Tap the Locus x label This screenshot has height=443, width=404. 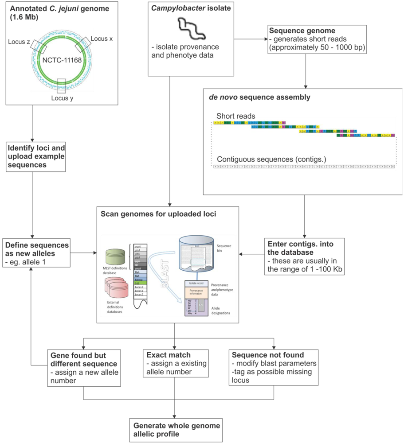point(102,39)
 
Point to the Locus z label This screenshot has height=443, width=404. point(20,41)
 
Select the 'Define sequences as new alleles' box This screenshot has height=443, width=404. point(36,253)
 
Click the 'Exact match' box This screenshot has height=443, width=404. point(174,363)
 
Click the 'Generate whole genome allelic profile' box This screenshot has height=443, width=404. point(176,430)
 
